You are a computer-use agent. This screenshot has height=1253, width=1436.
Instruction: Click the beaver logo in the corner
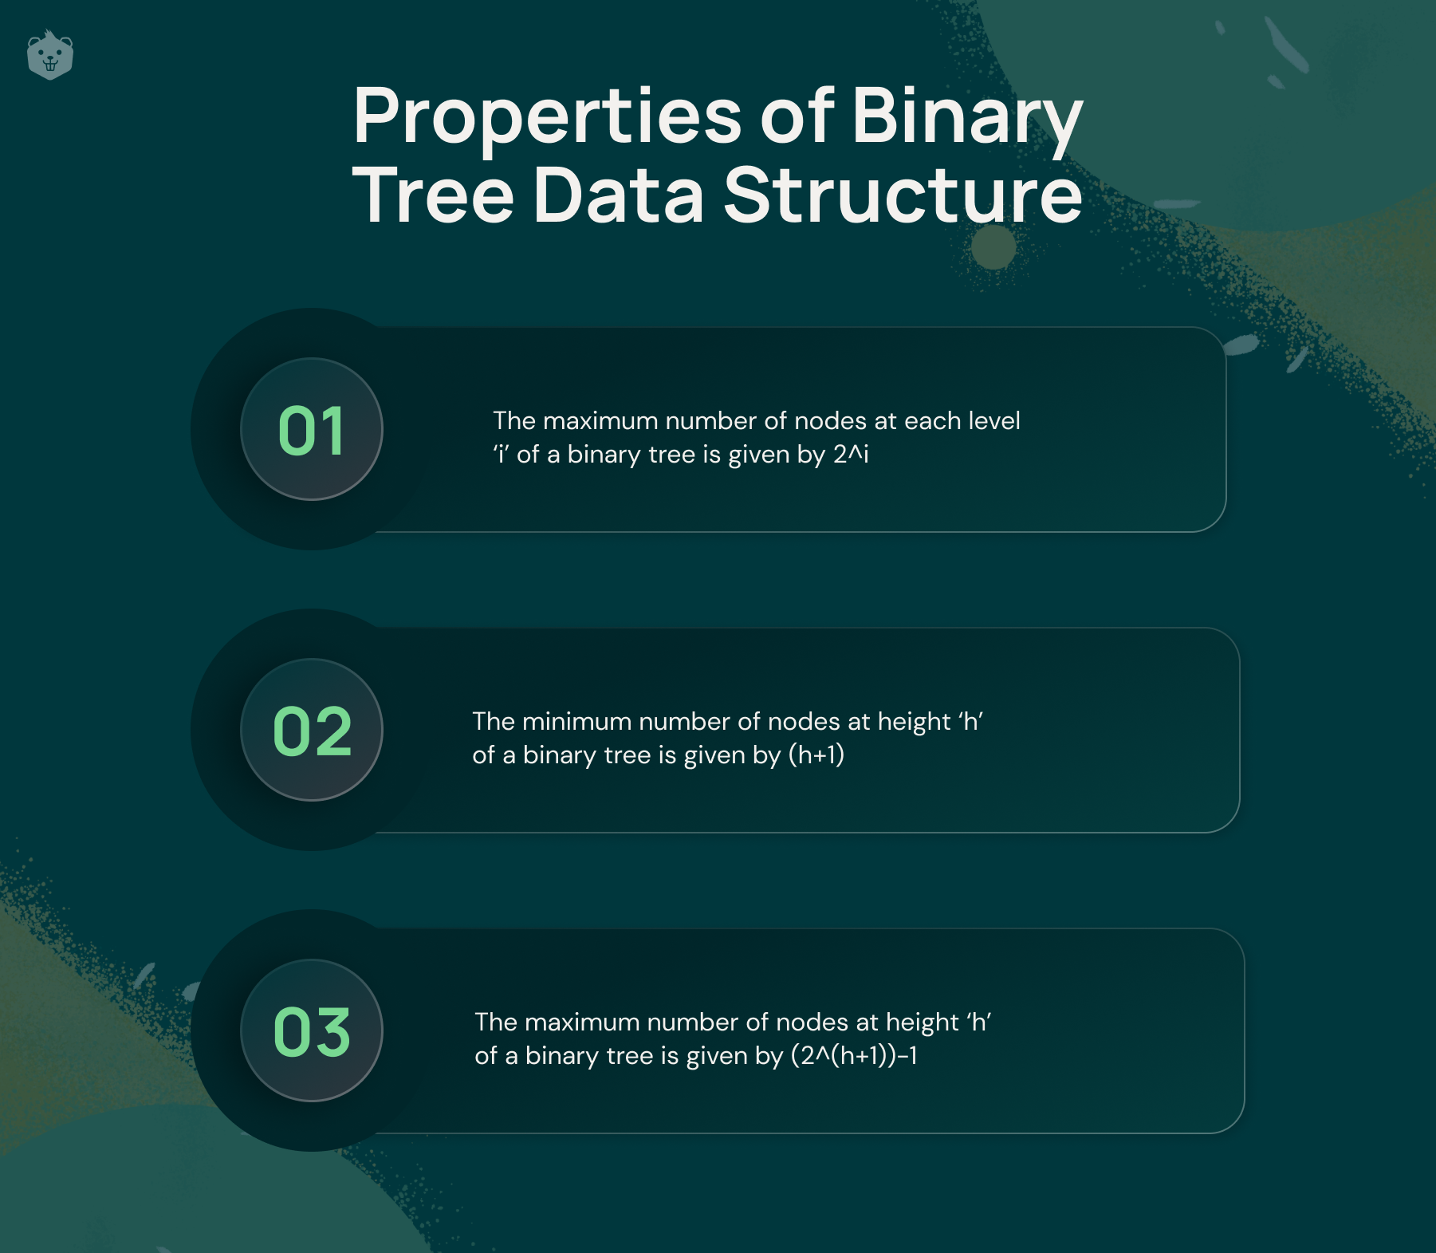50,55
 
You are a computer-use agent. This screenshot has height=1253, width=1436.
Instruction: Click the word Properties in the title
548,116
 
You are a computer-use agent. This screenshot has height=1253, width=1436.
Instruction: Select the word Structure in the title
903,195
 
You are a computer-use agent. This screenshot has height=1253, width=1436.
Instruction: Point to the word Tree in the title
434,195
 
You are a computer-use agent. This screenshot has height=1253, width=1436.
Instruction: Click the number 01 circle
312,429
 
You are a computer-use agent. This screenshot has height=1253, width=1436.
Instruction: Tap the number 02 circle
312,730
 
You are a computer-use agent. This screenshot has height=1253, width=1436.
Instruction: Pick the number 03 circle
312,1030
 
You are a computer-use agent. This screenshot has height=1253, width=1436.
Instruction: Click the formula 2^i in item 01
851,454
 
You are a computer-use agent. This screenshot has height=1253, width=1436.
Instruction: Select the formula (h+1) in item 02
816,755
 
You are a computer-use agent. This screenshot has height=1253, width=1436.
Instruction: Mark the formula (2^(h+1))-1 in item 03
854,1055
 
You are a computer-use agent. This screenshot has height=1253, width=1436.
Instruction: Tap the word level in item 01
994,420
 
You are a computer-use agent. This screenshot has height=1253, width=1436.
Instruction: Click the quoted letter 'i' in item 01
501,454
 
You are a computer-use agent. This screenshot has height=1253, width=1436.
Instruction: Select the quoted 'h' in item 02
970,721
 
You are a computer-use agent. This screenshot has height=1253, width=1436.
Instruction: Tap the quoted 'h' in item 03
978,1022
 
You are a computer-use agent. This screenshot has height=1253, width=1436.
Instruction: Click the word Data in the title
619,195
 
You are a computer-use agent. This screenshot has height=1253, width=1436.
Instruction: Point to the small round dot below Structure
993,247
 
